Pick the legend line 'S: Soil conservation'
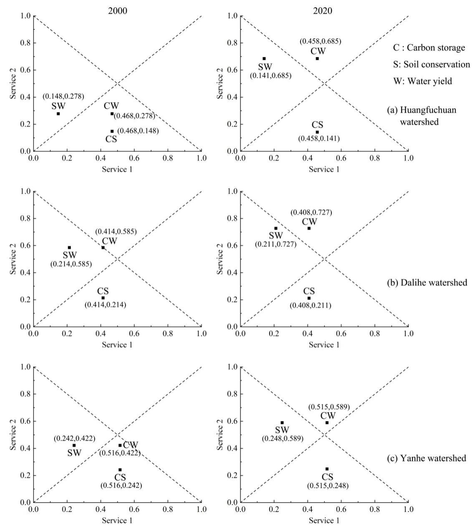tap(431, 64)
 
